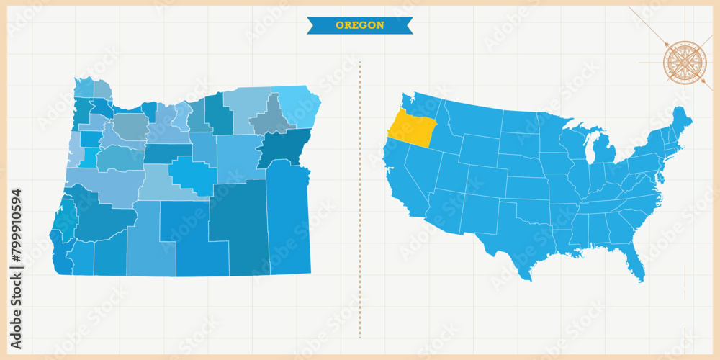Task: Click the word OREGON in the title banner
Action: coord(359,25)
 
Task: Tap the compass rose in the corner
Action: coord(684,63)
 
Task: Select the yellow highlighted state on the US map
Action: coord(413,130)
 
